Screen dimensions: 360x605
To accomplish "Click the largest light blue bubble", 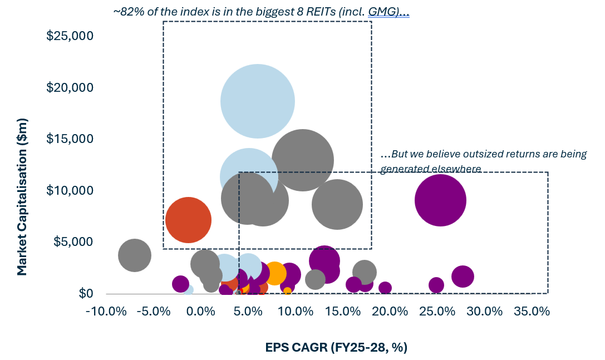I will click(257, 101).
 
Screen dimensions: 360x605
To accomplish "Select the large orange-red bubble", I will click(188, 220).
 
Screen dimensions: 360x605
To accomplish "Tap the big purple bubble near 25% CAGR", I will click(440, 200).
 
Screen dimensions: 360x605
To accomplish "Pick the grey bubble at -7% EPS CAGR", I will click(135, 255).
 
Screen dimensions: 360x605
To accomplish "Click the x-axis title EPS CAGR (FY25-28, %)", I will click(336, 348).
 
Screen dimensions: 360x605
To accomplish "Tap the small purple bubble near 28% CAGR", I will click(463, 277).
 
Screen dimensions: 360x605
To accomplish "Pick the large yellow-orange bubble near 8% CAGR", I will click(274, 273).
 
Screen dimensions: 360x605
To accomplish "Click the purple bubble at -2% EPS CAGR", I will click(180, 284).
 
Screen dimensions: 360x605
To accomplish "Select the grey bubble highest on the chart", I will click(302, 160).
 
